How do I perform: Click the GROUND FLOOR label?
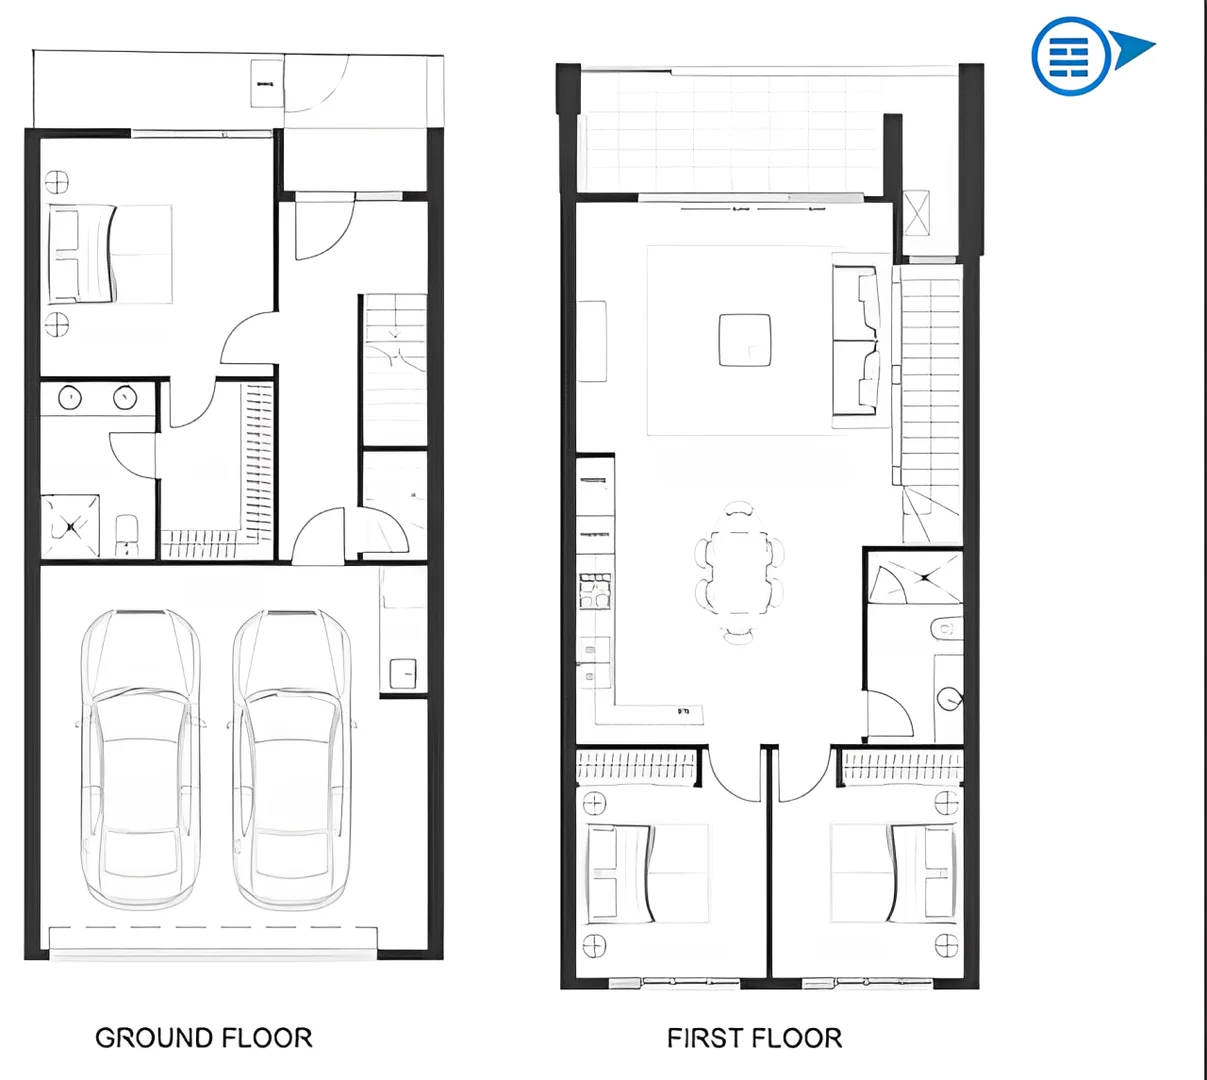tap(204, 1038)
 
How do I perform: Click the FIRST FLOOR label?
tap(754, 1038)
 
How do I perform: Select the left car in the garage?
tap(140, 760)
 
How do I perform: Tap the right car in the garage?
tap(291, 760)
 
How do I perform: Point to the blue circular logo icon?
tap(1070, 55)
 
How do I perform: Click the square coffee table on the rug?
tap(745, 340)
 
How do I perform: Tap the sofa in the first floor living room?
tap(858, 340)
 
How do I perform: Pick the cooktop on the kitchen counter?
tap(595, 590)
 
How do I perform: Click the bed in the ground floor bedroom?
tap(110, 254)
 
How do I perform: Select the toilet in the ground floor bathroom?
tap(126, 534)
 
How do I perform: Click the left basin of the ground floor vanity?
tap(70, 397)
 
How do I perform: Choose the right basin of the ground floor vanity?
tap(124, 397)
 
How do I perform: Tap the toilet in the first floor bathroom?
tap(945, 628)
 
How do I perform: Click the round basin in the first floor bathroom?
tap(948, 697)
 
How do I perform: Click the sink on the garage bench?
tap(403, 673)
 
